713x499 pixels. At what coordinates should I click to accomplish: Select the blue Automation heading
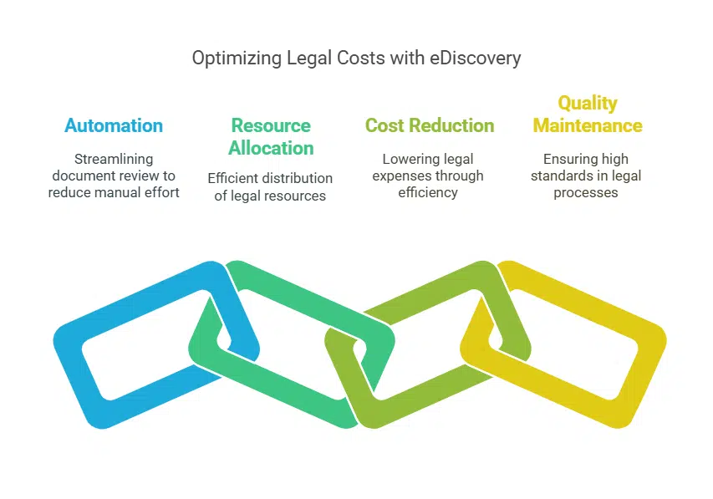[114, 126]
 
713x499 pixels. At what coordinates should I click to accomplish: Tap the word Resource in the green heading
[271, 126]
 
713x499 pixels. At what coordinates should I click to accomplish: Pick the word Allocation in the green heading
[271, 148]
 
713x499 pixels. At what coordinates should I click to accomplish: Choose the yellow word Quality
[588, 104]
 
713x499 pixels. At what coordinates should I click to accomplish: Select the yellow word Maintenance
[588, 126]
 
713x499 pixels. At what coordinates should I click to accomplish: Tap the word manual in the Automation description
[130, 192]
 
